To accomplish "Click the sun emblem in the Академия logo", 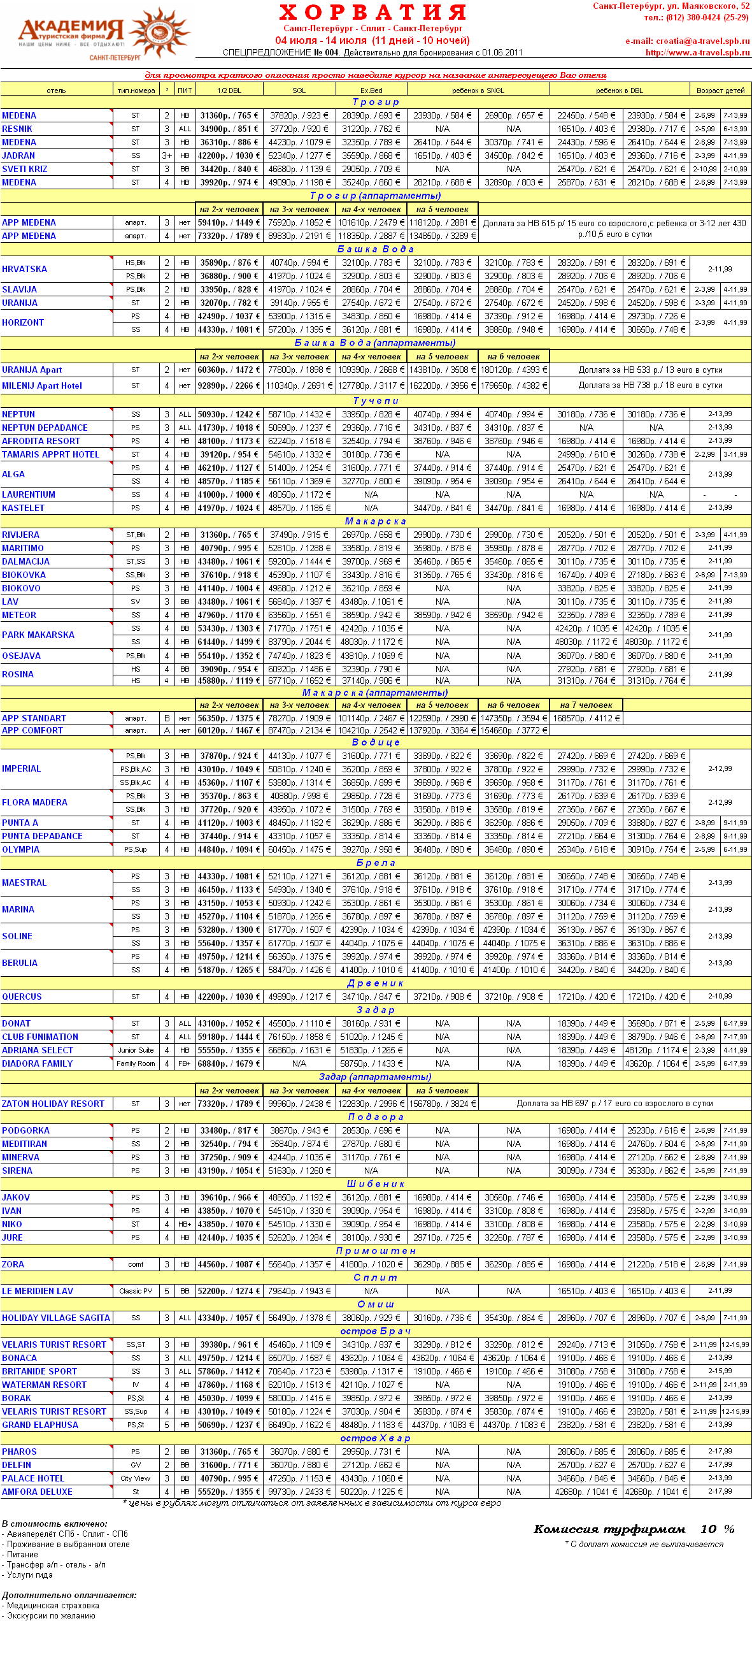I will pyautogui.click(x=158, y=32).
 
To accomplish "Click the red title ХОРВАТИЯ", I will pyautogui.click(x=372, y=11).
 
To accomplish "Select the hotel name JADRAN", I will pyautogui.click(x=19, y=155).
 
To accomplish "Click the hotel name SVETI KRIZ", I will pyautogui.click(x=25, y=169).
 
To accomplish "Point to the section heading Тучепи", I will pyautogui.click(x=376, y=400).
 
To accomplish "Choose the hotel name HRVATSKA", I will pyautogui.click(x=25, y=269).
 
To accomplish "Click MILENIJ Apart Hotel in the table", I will pyautogui.click(x=42, y=386).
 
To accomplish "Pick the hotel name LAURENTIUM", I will pyautogui.click(x=29, y=494).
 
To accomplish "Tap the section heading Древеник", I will pyautogui.click(x=376, y=983).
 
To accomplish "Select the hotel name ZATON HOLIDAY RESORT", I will pyautogui.click(x=53, y=1104).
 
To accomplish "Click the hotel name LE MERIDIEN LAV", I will pyautogui.click(x=38, y=1291).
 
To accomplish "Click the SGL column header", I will pyautogui.click(x=299, y=90).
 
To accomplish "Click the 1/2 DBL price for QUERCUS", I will pyautogui.click(x=229, y=997).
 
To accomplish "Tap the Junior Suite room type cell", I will pyautogui.click(x=136, y=1050).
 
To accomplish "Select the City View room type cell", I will pyautogui.click(x=136, y=1478).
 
